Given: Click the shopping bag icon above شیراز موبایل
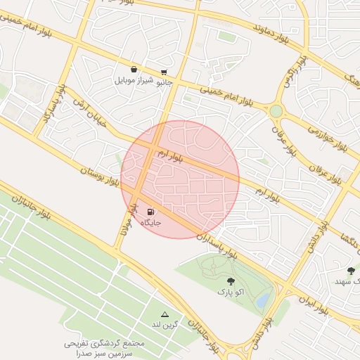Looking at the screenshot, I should [134, 69].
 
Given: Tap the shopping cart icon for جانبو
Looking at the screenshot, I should [164, 72].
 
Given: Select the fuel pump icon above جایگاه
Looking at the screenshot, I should [150, 212].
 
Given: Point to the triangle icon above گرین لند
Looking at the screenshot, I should [165, 314].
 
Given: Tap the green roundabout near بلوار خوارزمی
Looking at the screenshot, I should [276, 111].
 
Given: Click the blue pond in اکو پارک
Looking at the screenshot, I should [262, 301].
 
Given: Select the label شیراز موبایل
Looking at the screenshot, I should [134, 80].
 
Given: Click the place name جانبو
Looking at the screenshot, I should [163, 82].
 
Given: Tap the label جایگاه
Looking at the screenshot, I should [151, 223].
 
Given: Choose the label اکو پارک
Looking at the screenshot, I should [230, 291].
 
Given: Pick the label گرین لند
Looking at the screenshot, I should [166, 325].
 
